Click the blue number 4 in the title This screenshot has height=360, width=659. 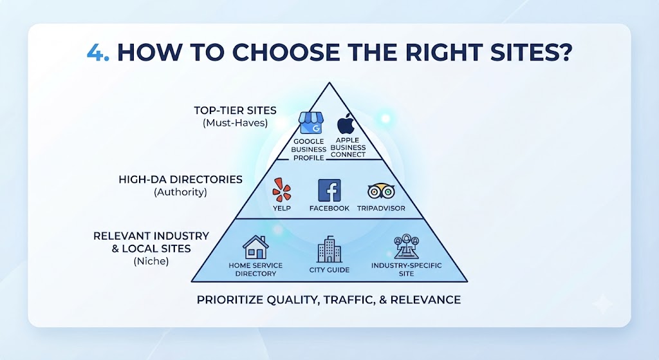(x=95, y=52)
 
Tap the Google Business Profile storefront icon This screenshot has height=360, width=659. (x=310, y=123)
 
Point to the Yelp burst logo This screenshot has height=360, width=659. (x=282, y=190)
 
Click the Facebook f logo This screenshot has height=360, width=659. (x=329, y=190)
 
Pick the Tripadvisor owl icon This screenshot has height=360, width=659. (x=381, y=191)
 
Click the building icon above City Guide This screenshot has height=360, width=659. (x=329, y=249)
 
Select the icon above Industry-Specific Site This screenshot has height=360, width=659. (x=407, y=247)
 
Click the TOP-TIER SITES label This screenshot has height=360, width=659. (x=235, y=111)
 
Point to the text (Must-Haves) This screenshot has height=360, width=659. (x=235, y=123)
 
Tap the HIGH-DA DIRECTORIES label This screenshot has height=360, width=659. (x=180, y=180)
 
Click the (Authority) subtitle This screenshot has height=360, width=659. (x=180, y=192)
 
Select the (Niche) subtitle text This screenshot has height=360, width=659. (x=151, y=261)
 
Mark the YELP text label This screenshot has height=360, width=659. (x=282, y=208)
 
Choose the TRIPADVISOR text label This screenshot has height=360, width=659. (x=381, y=208)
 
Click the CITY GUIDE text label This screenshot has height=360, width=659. (x=329, y=270)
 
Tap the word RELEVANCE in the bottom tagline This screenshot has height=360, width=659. (x=425, y=300)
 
